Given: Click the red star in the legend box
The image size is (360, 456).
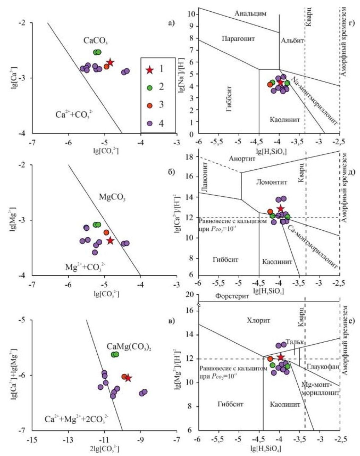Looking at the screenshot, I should pyautogui.click(x=150, y=70).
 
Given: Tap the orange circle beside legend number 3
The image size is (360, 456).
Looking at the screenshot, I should pyautogui.click(x=150, y=105).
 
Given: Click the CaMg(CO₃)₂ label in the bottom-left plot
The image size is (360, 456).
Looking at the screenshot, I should pyautogui.click(x=127, y=346).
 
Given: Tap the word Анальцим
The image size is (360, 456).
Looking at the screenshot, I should pyautogui.click(x=250, y=14).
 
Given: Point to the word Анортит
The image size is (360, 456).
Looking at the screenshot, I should pyautogui.click(x=241, y=158).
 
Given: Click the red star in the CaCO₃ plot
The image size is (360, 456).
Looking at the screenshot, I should pyautogui.click(x=110, y=63).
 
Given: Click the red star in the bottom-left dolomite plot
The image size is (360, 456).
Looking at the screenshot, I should pyautogui.click(x=128, y=378).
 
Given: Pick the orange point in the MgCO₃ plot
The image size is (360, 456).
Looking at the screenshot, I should pyautogui.click(x=106, y=232).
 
